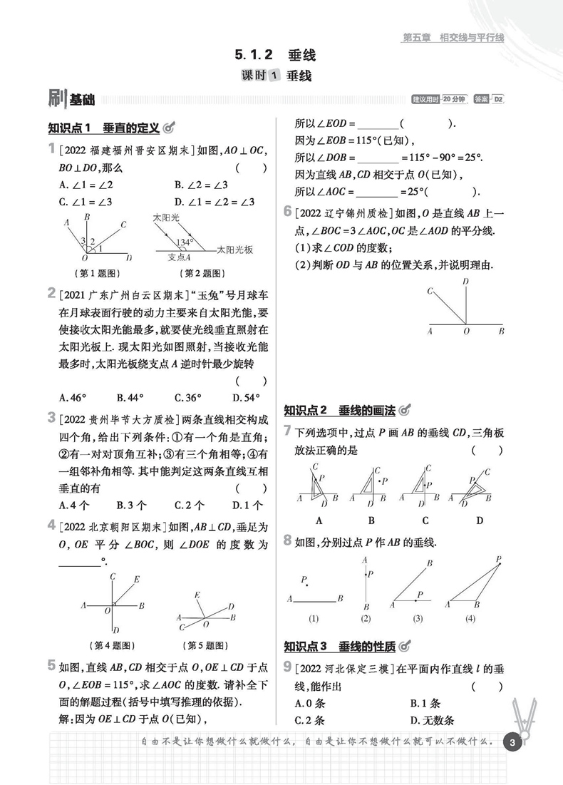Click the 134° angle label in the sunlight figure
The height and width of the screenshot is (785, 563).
pyautogui.click(x=185, y=242)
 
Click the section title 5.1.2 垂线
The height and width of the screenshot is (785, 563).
pyautogui.click(x=274, y=54)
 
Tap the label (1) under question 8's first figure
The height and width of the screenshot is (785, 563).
pyautogui.click(x=312, y=618)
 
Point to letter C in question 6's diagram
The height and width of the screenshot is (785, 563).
pyautogui.click(x=430, y=291)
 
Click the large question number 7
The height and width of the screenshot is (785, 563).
pyautogui.click(x=287, y=430)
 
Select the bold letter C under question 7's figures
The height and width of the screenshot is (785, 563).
pyautogui.click(x=425, y=520)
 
